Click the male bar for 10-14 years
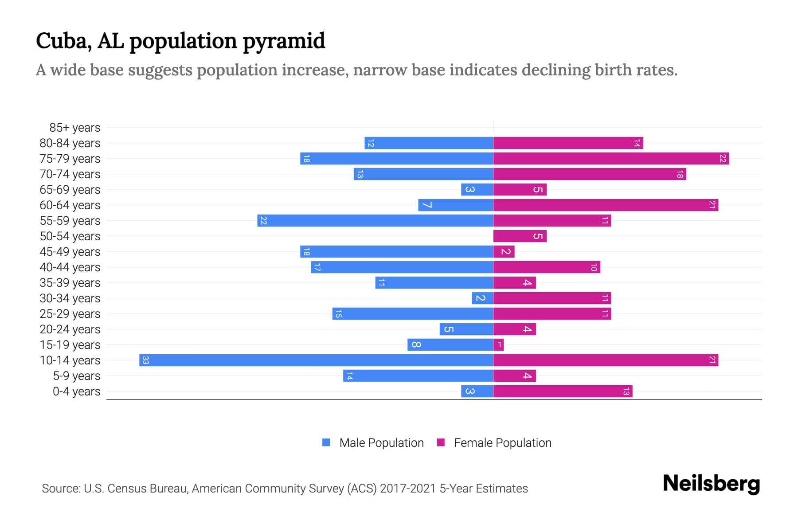pyautogui.click(x=316, y=360)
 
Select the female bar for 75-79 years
pyautogui.click(x=611, y=158)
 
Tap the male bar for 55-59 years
pyautogui.click(x=375, y=220)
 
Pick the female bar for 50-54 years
pyautogui.click(x=520, y=236)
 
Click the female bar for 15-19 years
pyautogui.click(x=498, y=344)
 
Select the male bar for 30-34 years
pyautogui.click(x=482, y=298)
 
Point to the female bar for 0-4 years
pyautogui.click(x=563, y=391)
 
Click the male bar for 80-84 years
pyautogui.click(x=429, y=143)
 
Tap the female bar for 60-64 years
pyautogui.click(x=606, y=205)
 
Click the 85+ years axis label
pyautogui.click(x=75, y=128)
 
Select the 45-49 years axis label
pyautogui.click(x=70, y=252)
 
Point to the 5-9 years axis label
pyautogui.click(x=76, y=376)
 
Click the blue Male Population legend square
pyautogui.click(x=326, y=442)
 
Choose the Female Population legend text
pyautogui.click(x=502, y=443)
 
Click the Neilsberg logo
pyautogui.click(x=711, y=483)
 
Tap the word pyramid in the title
pyautogui.click(x=284, y=41)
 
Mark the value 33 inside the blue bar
pyautogui.click(x=145, y=360)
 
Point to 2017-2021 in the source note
pyautogui.click(x=408, y=489)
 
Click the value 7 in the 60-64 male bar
pyautogui.click(x=426, y=205)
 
